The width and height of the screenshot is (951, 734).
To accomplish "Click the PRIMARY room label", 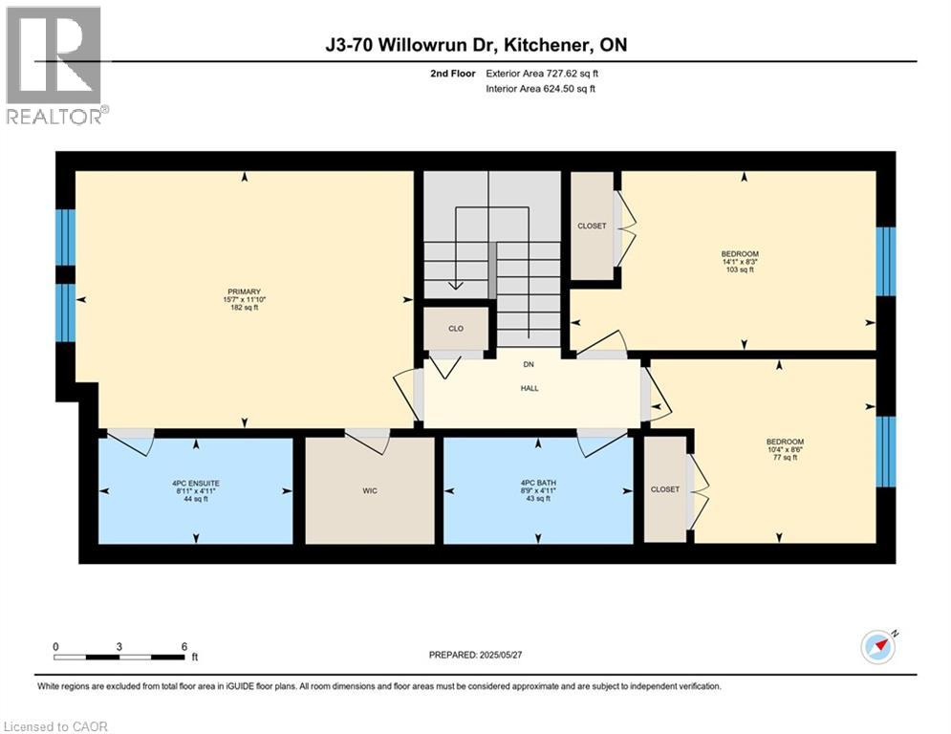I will (x=244, y=291).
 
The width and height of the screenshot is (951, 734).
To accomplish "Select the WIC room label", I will (x=370, y=490).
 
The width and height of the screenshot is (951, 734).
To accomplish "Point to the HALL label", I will (x=530, y=388).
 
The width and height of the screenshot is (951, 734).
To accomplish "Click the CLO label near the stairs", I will (x=456, y=328).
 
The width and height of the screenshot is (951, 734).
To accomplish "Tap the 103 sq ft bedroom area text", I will (x=739, y=270).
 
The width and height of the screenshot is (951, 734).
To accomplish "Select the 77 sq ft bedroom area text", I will (x=781, y=458).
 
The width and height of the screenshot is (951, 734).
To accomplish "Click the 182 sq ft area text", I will (x=244, y=309).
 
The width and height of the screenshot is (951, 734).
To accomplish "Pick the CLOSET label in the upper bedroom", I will (x=592, y=227).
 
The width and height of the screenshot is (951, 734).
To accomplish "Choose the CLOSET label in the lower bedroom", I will (x=665, y=489).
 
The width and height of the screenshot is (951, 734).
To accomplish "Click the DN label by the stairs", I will (x=528, y=364).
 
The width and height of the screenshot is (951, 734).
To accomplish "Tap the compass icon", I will (x=877, y=647).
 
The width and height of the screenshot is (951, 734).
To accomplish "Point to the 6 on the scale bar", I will (x=184, y=646).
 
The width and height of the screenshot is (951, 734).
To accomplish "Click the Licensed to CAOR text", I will (x=56, y=726).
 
